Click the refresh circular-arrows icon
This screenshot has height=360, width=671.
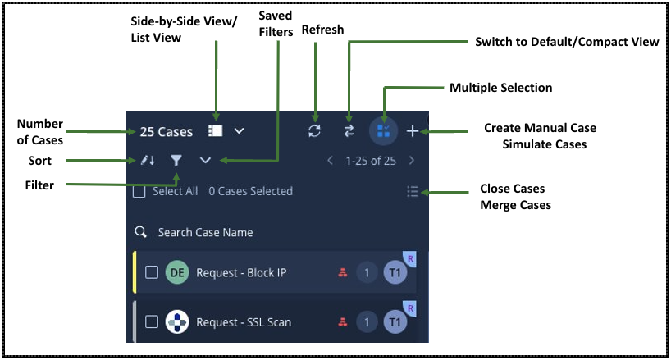pos(314,131)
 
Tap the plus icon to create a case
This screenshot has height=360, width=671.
pos(413,131)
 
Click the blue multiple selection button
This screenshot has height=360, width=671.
pos(383,131)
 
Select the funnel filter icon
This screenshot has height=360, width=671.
pos(176,161)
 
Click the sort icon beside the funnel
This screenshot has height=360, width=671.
pos(148,161)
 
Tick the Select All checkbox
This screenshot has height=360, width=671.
pos(139,191)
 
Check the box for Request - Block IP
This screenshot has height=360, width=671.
pos(152,272)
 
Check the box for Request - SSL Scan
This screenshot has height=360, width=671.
pos(152,321)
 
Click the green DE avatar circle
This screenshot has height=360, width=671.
pos(177,272)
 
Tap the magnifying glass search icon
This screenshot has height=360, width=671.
pos(141,232)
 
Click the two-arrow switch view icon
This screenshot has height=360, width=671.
pos(349,131)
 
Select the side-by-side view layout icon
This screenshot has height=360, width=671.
pos(215,131)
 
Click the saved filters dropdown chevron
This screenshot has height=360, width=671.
pos(205,161)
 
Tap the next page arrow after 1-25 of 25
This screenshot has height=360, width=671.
pos(412,161)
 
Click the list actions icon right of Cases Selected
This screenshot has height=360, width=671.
pos(413,191)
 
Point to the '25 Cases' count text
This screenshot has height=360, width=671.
pos(166,132)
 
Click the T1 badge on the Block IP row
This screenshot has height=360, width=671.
pos(395,272)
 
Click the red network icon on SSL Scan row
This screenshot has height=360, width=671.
pos(343,321)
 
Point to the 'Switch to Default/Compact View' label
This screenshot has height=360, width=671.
pos(567,42)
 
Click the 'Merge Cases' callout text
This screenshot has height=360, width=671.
pos(516,205)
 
